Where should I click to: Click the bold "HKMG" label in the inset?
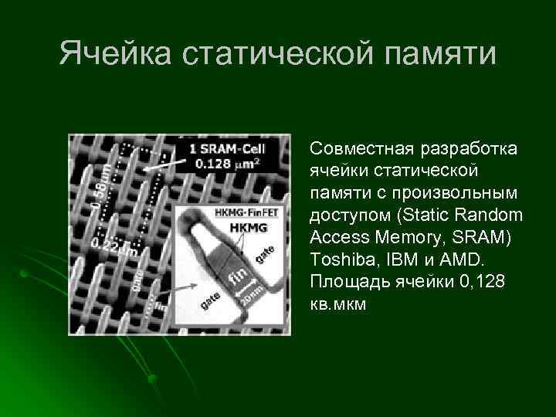(x=247, y=227)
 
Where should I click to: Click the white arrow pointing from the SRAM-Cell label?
(x=167, y=164)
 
